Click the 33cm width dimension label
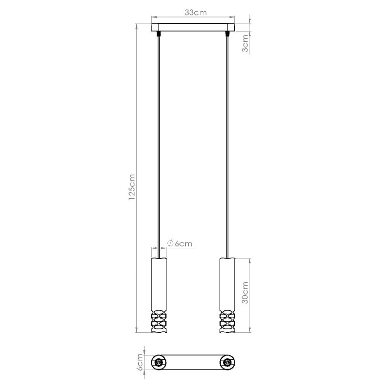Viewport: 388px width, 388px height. tap(195, 13)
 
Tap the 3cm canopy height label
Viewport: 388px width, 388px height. tap(245, 43)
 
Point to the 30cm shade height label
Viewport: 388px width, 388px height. tap(245, 292)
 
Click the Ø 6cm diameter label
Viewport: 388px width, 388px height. tap(179, 243)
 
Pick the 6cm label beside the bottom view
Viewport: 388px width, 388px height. tap(140, 362)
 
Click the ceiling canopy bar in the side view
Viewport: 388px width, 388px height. tap(193, 27)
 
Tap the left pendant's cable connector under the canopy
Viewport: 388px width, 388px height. tap(159, 33)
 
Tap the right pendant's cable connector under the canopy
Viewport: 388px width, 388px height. tap(226, 33)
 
